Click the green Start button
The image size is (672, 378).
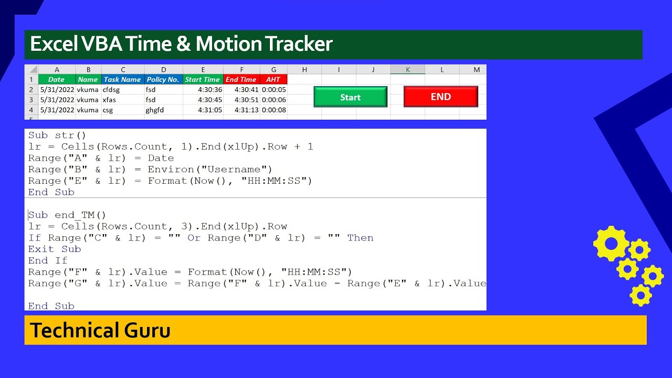[350, 97]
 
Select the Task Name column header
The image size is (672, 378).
[122, 80]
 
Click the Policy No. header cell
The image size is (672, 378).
[163, 80]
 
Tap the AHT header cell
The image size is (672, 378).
[274, 80]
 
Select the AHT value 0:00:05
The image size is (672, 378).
[274, 90]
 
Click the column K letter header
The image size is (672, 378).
[407, 70]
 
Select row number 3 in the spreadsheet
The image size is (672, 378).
[31, 100]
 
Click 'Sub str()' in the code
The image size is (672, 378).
[57, 135]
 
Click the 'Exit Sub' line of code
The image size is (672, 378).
[55, 249]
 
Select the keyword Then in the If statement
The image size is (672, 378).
[360, 238]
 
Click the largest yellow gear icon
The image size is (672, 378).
[611, 244]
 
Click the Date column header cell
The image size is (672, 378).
[56, 80]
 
